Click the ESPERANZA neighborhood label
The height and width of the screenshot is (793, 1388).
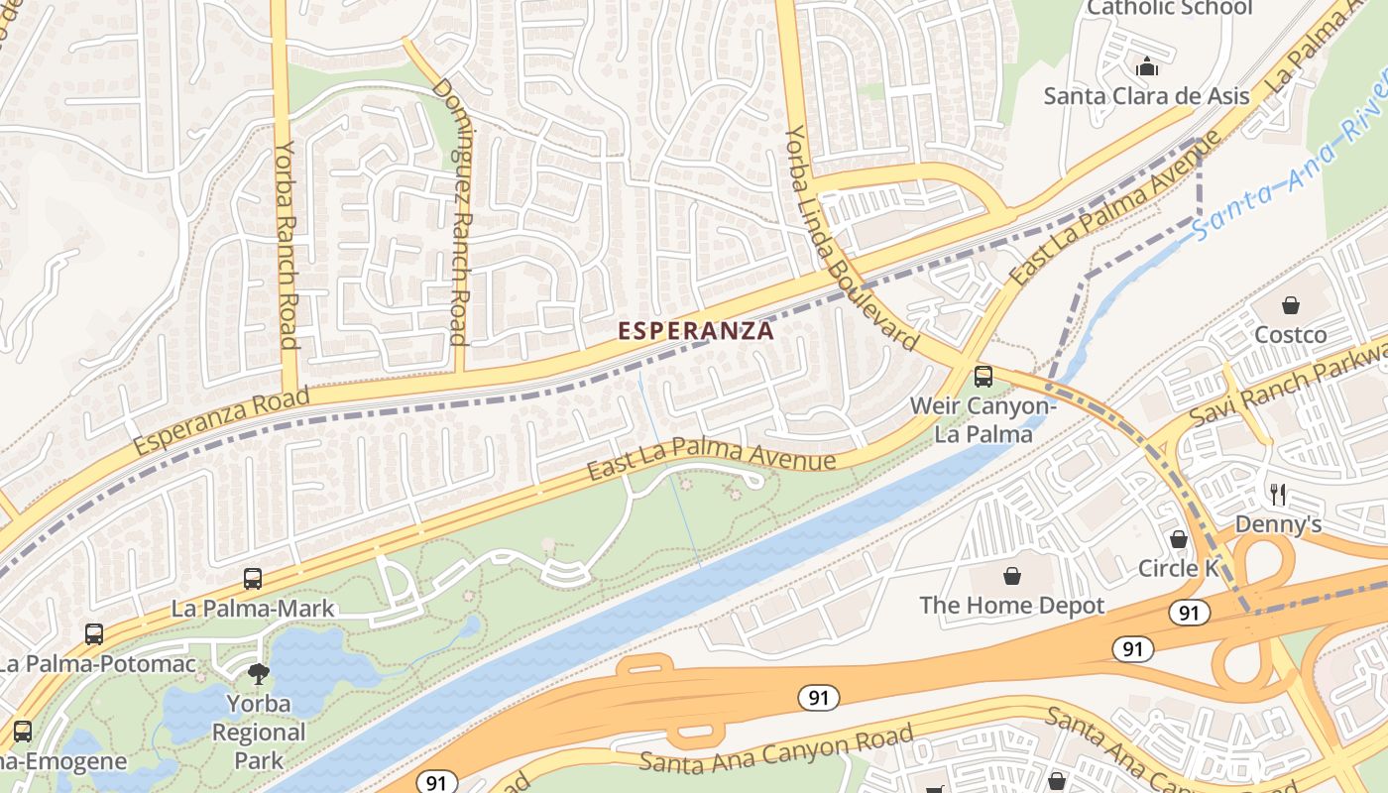point(696,331)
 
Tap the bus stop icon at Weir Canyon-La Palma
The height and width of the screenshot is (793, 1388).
point(983,377)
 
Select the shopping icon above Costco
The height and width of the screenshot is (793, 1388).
point(1290,305)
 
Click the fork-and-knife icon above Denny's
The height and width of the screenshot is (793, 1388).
point(1278,494)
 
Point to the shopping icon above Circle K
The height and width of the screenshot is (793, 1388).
point(1178,539)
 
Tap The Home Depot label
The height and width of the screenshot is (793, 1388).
point(1011,605)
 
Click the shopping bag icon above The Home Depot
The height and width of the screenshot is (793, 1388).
point(1011,576)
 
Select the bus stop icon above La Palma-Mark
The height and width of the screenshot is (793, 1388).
point(253,579)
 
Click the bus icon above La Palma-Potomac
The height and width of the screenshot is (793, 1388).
point(94,634)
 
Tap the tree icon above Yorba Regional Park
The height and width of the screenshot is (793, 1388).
point(259,675)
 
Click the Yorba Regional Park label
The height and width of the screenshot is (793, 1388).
point(259,733)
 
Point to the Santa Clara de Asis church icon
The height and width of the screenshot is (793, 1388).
point(1147,67)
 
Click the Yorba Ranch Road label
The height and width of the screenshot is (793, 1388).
point(286,243)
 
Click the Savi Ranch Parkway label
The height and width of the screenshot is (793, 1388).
point(1289,381)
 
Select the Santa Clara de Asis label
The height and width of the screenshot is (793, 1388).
point(1146,96)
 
